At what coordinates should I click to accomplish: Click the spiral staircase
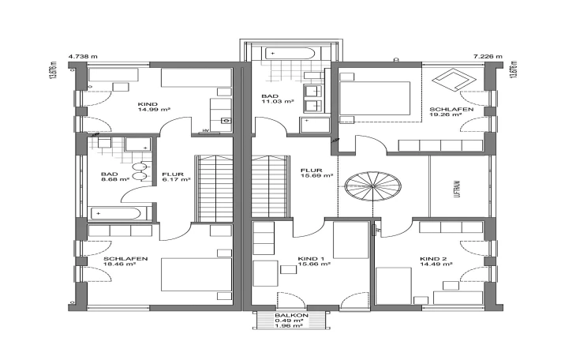click(x=373, y=186)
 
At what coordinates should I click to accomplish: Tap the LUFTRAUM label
click(x=458, y=189)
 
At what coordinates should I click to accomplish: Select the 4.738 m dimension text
click(x=83, y=57)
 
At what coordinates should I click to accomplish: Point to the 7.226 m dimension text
click(x=488, y=57)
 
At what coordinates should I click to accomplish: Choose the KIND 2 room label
click(x=433, y=259)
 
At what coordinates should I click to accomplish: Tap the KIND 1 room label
click(x=311, y=259)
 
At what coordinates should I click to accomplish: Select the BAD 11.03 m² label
click(x=278, y=99)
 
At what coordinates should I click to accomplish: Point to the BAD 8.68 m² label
click(x=115, y=177)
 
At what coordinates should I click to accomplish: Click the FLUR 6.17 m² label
click(x=176, y=177)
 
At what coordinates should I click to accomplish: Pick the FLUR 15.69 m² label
click(x=316, y=173)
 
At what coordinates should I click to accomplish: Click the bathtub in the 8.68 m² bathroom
click(x=116, y=214)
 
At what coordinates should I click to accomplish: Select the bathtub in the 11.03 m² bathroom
click(x=290, y=54)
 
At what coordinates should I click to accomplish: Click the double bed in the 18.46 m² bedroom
click(x=196, y=274)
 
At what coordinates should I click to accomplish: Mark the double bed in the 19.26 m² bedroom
click(x=375, y=98)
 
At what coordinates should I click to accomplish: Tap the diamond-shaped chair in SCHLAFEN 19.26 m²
click(x=454, y=80)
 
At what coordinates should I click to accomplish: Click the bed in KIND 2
click(x=394, y=286)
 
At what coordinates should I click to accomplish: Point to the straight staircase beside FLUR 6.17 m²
click(x=214, y=189)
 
